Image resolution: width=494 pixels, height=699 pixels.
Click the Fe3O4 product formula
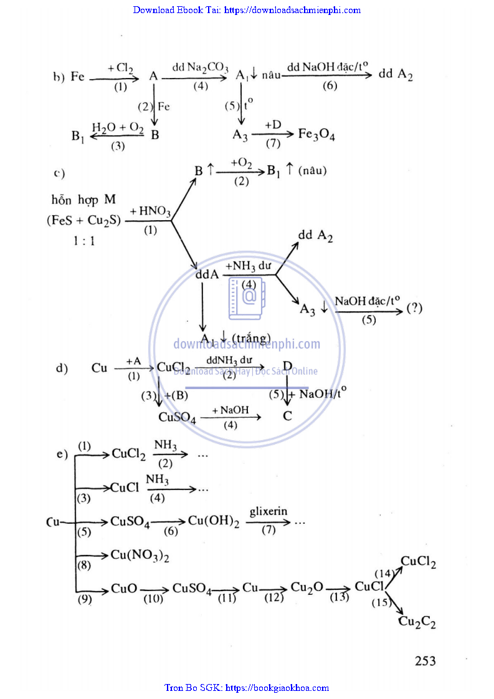316,135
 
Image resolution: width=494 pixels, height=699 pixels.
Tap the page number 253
425,661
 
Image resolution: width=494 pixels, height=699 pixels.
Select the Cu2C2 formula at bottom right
417,622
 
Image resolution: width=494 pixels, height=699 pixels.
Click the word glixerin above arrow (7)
268,511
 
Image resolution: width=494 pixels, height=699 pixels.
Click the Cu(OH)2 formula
214,522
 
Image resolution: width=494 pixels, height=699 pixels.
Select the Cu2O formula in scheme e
306,588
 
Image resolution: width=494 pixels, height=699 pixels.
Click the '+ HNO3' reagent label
151,212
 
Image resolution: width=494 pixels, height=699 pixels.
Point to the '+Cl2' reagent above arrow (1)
120,68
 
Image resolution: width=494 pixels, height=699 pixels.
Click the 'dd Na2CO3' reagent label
200,67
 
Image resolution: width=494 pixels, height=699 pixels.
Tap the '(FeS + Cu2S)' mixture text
83,220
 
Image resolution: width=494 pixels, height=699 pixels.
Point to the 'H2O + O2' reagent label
118,127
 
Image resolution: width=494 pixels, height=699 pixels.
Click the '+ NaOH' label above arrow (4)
230,410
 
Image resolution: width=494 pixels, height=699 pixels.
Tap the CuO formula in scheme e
125,588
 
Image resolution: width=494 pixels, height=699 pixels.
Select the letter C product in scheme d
287,416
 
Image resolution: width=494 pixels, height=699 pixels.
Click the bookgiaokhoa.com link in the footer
277,688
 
